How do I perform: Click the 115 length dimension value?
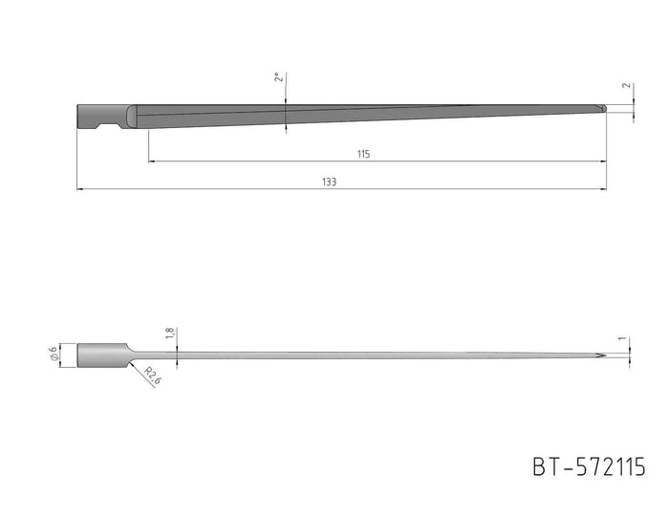(x=363, y=154)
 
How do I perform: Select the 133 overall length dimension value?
(x=330, y=183)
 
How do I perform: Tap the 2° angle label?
(x=279, y=77)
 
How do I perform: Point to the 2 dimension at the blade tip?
(x=626, y=85)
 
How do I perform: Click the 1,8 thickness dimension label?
(x=169, y=334)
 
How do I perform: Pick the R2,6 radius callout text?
(x=153, y=376)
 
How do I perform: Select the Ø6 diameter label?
(x=54, y=354)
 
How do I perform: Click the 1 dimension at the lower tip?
(x=622, y=338)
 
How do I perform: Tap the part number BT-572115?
(x=590, y=466)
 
